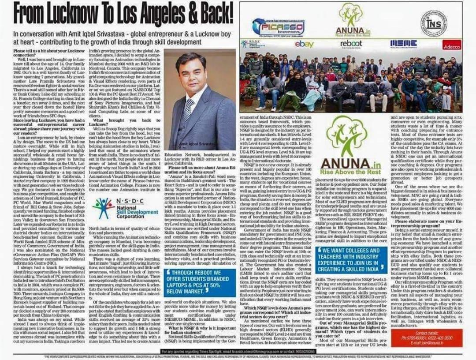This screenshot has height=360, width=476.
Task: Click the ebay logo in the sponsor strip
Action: [x=304, y=44]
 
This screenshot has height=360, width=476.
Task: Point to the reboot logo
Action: [x=351, y=44]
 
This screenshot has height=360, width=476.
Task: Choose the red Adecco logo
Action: [x=451, y=45]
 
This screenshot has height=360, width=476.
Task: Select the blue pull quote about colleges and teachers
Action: [x=348, y=260]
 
